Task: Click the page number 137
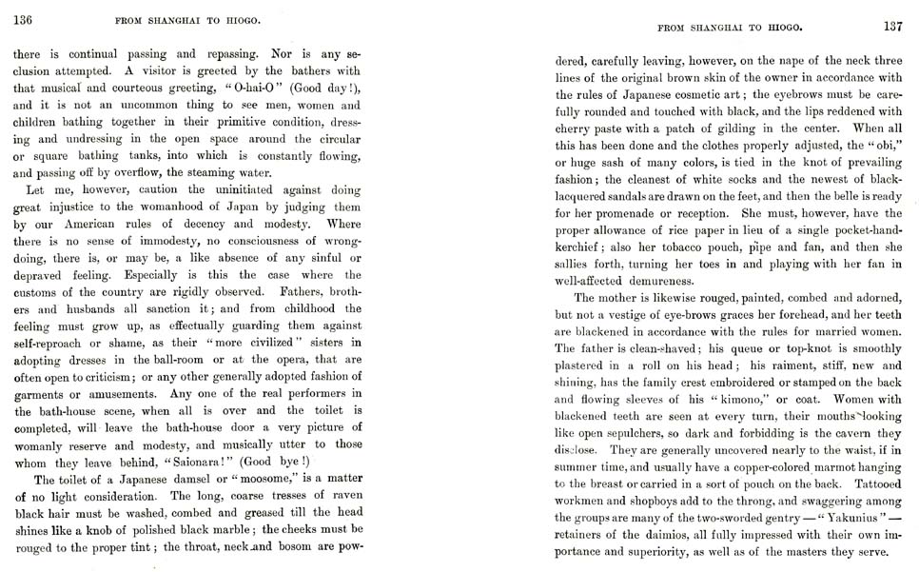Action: tap(891, 26)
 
